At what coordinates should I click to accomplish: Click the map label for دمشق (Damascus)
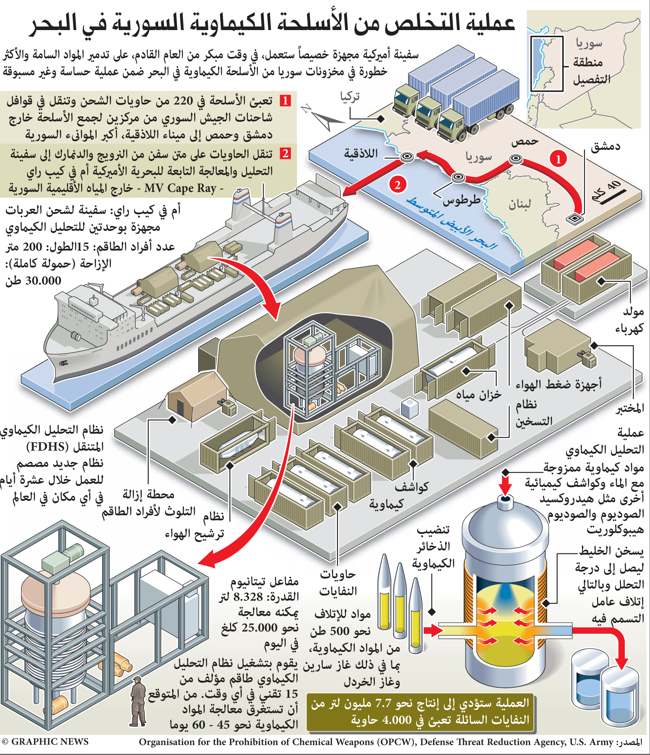[605, 146]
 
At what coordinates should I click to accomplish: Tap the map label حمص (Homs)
[525, 141]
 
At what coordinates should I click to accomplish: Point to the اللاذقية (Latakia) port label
[361, 153]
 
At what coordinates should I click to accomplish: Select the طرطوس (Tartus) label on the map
[461, 200]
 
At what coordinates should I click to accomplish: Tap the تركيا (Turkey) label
[350, 97]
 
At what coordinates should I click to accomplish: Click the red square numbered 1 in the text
[285, 101]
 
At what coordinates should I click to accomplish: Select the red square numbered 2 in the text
[285, 153]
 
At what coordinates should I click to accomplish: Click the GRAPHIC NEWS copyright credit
[45, 741]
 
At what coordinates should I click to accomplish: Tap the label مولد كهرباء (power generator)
[630, 320]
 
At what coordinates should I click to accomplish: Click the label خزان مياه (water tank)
[479, 395]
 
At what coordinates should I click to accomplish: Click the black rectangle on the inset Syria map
[547, 64]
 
